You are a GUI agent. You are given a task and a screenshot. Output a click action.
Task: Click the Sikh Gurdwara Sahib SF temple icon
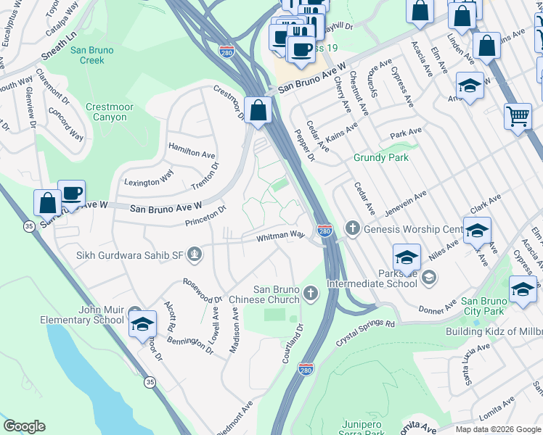194,254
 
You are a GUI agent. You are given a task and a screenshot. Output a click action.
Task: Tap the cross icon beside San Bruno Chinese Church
310,293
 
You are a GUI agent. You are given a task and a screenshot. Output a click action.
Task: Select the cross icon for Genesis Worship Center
352,229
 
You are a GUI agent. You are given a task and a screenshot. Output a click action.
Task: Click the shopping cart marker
518,116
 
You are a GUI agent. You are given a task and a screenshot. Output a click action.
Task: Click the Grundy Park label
380,157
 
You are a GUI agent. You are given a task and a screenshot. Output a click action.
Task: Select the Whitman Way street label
279,235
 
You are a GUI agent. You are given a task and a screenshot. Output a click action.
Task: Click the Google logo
24,426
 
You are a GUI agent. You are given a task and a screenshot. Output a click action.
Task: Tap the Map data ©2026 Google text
498,428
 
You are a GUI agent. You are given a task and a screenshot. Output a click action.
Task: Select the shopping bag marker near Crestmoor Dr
258,110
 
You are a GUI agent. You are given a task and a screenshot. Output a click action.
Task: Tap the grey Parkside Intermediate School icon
429,276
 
